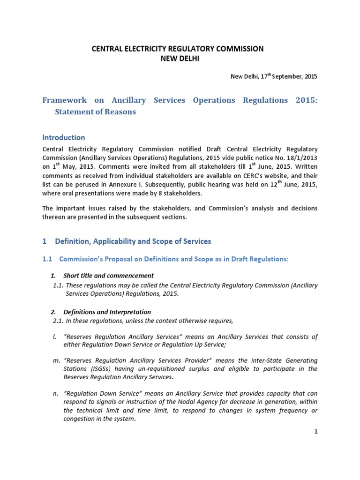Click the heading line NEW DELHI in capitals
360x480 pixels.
[180, 58]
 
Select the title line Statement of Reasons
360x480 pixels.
[96, 112]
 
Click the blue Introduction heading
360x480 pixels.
[64, 137]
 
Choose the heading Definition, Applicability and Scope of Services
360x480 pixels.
[133, 241]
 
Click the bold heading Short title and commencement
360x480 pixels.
[108, 275]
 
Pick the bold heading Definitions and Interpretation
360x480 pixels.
[107, 312]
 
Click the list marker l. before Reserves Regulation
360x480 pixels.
[54, 337]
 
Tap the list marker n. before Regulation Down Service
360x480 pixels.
[55, 394]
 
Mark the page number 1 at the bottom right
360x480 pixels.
[316, 432]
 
